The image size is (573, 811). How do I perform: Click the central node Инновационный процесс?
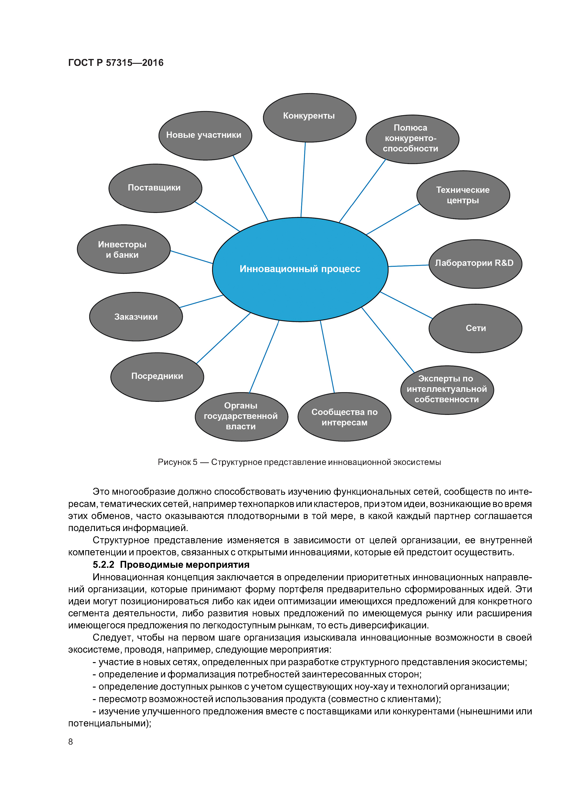click(300, 269)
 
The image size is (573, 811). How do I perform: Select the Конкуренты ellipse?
click(309, 118)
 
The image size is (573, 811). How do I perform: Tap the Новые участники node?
click(205, 136)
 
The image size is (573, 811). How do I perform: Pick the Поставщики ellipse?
click(155, 188)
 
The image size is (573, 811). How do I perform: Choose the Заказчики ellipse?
click(136, 316)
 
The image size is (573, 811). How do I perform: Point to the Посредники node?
click(157, 377)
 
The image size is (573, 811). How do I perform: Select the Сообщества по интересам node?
click(344, 417)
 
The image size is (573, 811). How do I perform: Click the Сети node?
click(475, 328)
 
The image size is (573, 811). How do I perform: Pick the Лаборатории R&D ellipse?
click(475, 264)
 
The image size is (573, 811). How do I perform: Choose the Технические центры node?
click(463, 195)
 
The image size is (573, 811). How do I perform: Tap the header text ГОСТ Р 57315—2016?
click(116, 63)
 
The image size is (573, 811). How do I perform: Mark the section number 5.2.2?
click(104, 565)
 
